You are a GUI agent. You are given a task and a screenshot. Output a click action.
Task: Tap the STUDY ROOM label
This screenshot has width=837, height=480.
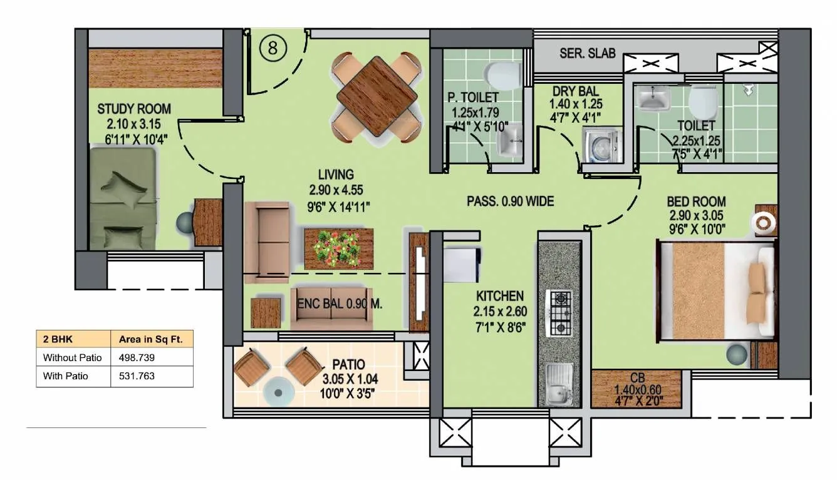pos(133,110)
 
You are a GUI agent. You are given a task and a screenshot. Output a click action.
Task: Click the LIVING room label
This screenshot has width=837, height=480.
pos(335,175)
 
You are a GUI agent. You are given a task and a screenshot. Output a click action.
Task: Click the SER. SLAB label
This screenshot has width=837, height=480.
pos(587,53)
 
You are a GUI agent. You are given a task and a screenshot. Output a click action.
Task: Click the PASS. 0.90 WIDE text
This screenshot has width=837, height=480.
pos(511,202)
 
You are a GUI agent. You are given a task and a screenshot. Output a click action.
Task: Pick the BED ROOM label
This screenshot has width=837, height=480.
pos(696,202)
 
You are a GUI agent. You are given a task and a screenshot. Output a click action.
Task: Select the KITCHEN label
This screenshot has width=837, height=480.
pos(499,295)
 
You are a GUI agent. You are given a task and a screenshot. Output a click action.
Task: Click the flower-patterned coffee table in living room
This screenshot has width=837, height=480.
pos(338,248)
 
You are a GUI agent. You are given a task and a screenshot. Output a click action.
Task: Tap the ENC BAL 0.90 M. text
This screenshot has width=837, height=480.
pos(340,304)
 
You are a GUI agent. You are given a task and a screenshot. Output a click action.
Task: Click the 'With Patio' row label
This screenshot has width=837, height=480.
pos(66,376)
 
